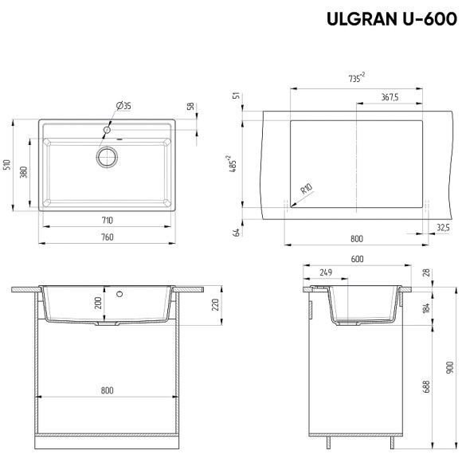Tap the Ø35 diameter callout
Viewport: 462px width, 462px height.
coord(123,106)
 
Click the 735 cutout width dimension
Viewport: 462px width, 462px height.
coord(356,77)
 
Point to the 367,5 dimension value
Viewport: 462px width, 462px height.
coord(388,97)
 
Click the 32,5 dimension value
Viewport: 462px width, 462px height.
coord(443,229)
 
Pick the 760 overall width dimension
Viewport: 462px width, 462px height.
coord(107,237)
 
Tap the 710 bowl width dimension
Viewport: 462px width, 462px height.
coord(107,220)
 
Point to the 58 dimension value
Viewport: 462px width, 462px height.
coord(190,106)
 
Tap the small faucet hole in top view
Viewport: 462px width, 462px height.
coord(107,127)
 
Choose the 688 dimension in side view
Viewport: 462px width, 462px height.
coord(427,387)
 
